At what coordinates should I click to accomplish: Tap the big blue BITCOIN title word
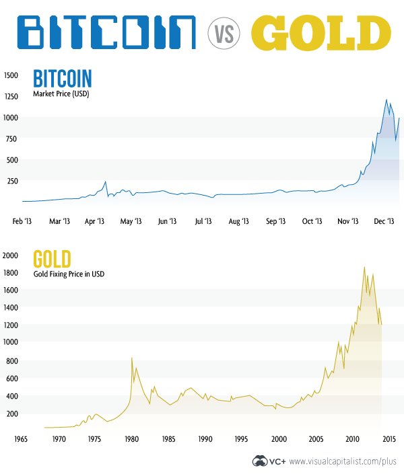point(106,32)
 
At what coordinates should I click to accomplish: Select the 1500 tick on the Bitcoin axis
point(13,75)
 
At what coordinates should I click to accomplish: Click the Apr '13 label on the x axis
point(94,221)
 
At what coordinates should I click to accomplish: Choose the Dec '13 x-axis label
point(383,221)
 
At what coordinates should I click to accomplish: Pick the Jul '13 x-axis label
point(203,221)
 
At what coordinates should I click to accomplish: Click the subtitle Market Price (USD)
point(61,94)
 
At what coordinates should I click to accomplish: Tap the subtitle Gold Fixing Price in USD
point(69,274)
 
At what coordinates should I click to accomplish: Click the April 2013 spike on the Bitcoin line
point(106,181)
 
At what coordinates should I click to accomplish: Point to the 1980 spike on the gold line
point(131,357)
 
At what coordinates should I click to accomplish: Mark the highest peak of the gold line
point(364,267)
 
